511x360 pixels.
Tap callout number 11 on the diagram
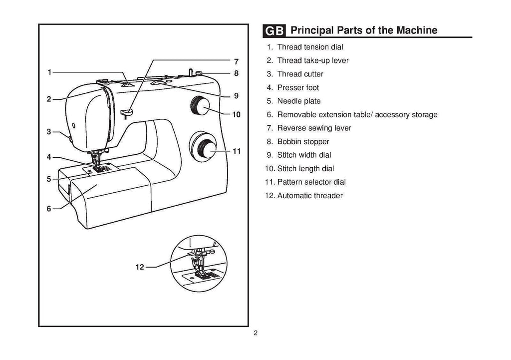tap(237, 150)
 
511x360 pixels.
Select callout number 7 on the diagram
tap(237, 61)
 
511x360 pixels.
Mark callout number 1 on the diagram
tap(49, 72)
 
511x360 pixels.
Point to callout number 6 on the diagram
tap(49, 209)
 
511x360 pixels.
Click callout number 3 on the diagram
tap(49, 132)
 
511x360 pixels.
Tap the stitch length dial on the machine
tap(200, 105)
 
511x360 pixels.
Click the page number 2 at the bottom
tap(255, 334)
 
